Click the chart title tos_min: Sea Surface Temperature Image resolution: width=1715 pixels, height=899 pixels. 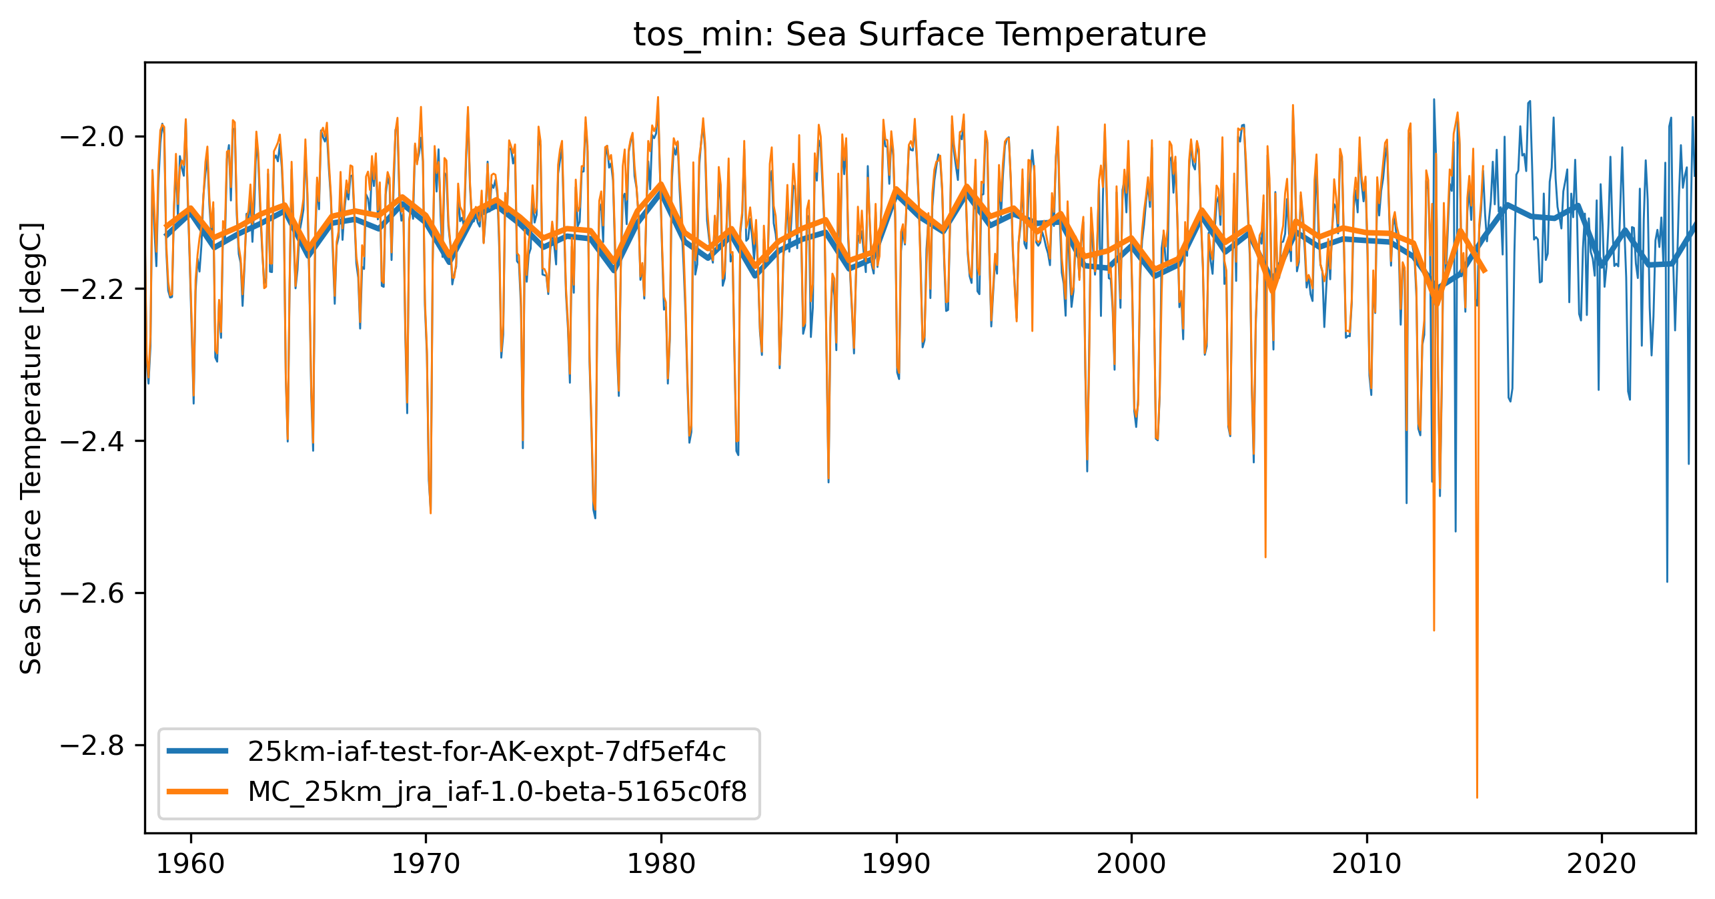click(x=919, y=35)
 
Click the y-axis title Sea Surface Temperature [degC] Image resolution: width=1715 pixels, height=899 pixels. click(x=31, y=448)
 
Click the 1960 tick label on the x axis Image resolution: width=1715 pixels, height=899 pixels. click(x=191, y=865)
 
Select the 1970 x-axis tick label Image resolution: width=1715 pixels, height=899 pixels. click(x=426, y=865)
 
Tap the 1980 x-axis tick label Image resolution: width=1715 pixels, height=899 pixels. click(x=661, y=865)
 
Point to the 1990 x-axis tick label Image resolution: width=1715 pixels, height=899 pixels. click(x=896, y=865)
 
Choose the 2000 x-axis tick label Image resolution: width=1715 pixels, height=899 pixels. click(x=1131, y=865)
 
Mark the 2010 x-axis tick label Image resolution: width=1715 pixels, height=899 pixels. click(x=1367, y=865)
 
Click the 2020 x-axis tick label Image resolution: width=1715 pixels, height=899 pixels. click(x=1602, y=865)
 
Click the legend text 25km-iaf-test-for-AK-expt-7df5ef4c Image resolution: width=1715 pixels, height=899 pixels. click(x=486, y=752)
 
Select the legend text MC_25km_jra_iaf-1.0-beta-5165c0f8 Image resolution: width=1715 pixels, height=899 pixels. click(x=497, y=792)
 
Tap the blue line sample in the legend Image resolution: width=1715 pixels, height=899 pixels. click(x=197, y=752)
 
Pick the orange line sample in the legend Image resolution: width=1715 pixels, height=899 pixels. click(x=197, y=792)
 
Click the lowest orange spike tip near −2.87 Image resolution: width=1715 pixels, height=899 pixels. click(x=1477, y=797)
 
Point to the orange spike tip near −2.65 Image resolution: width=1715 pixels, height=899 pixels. click(x=1434, y=630)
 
